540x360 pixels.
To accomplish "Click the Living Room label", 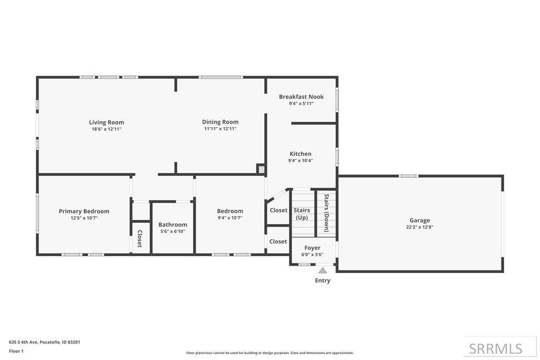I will coord(106,122).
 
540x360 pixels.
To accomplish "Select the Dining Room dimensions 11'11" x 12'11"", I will coord(220,129).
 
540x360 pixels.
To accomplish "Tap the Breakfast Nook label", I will coord(301,96).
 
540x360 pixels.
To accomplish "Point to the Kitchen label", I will coord(300,154).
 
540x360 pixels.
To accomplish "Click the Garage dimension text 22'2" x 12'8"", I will coord(420,227).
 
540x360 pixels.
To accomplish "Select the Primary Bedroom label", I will coord(84,211).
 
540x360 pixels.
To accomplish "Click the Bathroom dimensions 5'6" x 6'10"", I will coord(172,231).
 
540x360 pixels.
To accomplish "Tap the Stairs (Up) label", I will coord(302,213).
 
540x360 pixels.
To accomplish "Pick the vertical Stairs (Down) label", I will coord(326,213).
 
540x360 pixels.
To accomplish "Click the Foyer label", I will coord(312,248).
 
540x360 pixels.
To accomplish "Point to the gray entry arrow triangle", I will coord(322,270).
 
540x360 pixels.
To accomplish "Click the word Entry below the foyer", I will coord(322,280).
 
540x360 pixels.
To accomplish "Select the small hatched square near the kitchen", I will coord(261,169).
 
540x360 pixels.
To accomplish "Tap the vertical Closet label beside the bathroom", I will coord(140,239).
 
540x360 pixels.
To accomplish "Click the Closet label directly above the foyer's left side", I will coord(278,241).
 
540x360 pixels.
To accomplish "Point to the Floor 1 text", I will coord(16,351).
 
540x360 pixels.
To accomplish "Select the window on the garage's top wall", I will coord(409,176).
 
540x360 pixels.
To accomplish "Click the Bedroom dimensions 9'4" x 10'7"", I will coord(229,218).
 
